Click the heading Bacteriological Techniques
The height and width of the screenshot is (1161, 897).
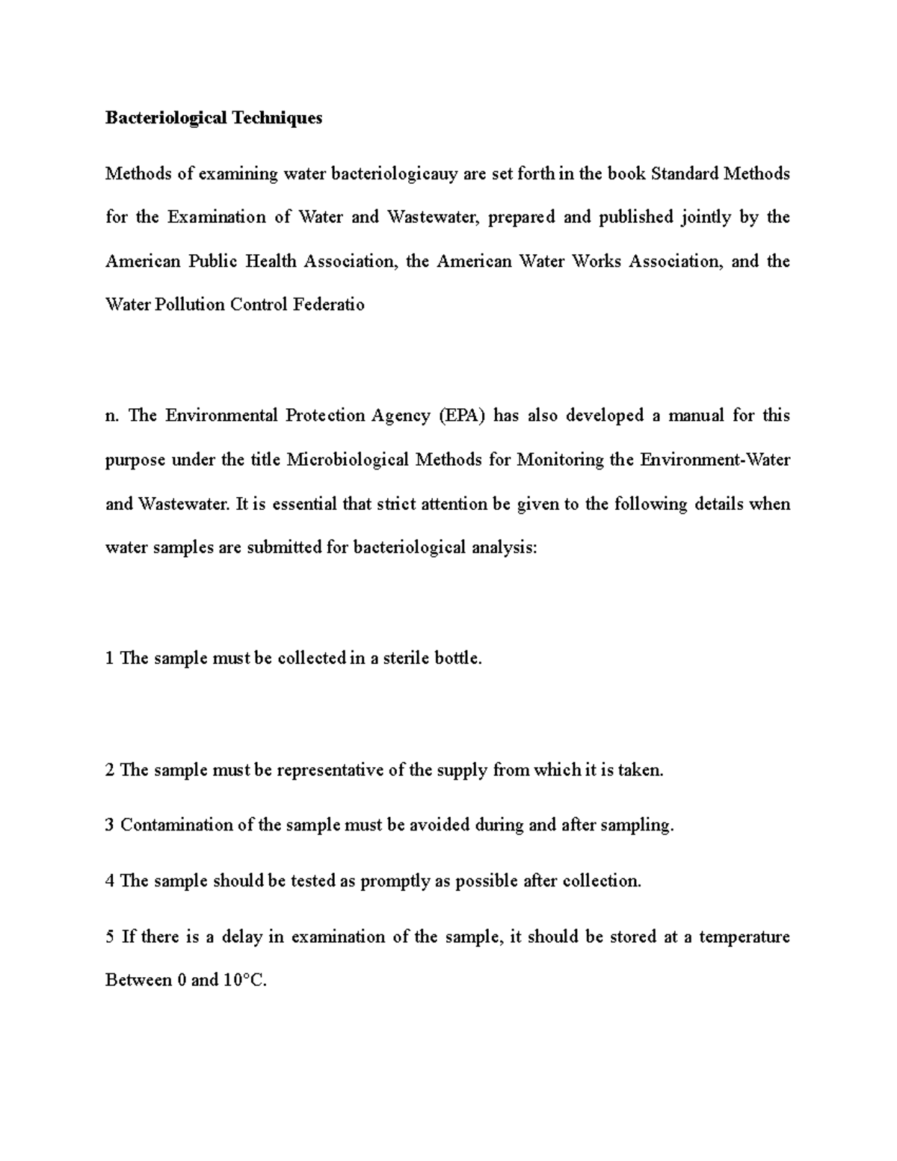[214, 118]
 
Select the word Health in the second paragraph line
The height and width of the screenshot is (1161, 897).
[275, 261]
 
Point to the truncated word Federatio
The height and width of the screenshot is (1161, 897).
[329, 305]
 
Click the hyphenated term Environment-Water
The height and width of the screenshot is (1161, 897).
[715, 460]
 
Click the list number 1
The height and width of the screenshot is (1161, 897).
[110, 659]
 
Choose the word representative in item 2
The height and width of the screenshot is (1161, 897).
[330, 770]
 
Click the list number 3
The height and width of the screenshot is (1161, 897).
[110, 825]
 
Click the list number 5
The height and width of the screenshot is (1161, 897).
[110, 937]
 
